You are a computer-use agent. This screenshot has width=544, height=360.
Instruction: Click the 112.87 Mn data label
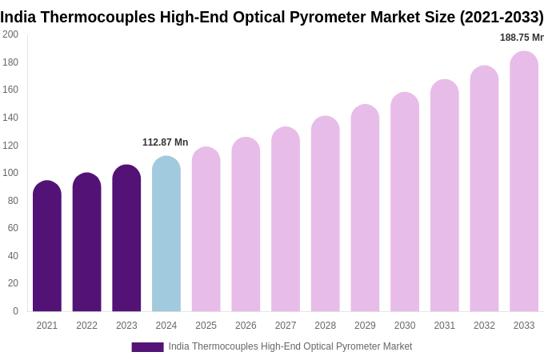pyautogui.click(x=166, y=142)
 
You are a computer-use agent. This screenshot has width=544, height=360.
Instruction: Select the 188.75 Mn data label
pyautogui.click(x=522, y=38)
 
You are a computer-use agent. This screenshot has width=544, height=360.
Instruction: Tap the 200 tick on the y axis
pyautogui.click(x=10, y=34)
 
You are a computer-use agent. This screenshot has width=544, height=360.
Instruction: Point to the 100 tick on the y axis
pyautogui.click(x=10, y=173)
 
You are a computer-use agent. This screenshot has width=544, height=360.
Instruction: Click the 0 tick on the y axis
pyautogui.click(x=15, y=311)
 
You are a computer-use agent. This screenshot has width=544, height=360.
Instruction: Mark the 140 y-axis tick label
pyautogui.click(x=10, y=118)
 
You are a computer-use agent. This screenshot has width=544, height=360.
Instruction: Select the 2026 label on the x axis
pyautogui.click(x=246, y=326)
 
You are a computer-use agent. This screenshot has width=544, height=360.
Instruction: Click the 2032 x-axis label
pyautogui.click(x=484, y=326)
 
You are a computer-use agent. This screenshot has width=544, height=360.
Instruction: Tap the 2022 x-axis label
pyautogui.click(x=86, y=326)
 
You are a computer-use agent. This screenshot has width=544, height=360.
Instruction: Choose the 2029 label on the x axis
pyautogui.click(x=365, y=326)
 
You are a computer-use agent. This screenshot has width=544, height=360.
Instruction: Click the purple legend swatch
pyautogui.click(x=147, y=347)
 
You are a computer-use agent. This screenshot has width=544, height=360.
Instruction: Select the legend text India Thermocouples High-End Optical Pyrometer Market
pyautogui.click(x=290, y=346)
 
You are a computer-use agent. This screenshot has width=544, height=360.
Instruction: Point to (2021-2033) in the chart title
pyautogui.click(x=502, y=17)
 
